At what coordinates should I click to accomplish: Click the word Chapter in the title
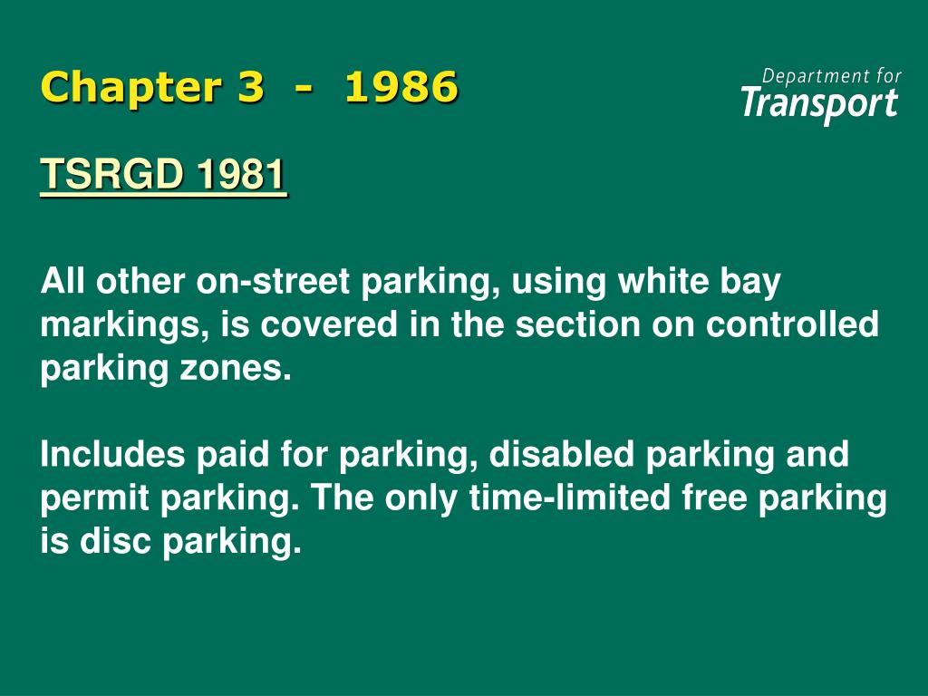click(x=130, y=88)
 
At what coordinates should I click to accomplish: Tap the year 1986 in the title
click(x=401, y=88)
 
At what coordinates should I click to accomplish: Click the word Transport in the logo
click(x=819, y=103)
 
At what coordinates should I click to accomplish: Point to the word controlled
click(x=792, y=324)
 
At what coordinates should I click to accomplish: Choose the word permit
click(x=91, y=499)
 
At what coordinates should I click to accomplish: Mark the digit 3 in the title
click(x=250, y=88)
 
